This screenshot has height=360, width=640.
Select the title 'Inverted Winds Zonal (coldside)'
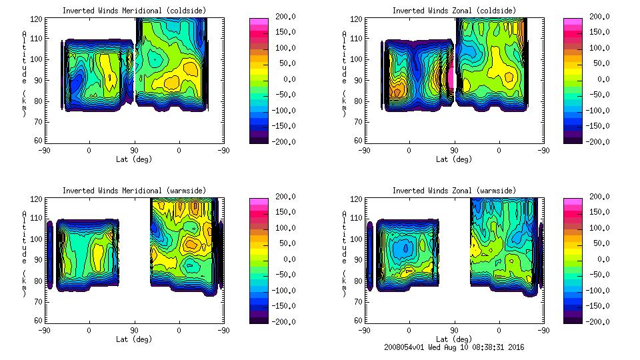(x=454, y=11)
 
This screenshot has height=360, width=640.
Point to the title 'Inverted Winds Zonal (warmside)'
(x=454, y=191)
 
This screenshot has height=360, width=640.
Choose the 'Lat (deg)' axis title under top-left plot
(x=134, y=159)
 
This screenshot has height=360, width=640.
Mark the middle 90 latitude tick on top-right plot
(x=455, y=151)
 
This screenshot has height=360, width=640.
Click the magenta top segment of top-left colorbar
(x=258, y=22)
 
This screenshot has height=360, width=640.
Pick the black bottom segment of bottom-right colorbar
(x=573, y=318)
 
